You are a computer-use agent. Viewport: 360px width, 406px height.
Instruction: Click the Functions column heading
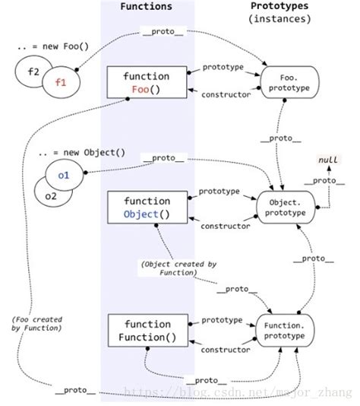point(146,7)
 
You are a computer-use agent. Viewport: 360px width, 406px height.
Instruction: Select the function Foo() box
point(146,83)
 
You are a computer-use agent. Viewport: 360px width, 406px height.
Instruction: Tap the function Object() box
point(146,207)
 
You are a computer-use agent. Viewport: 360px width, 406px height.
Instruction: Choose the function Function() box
point(146,328)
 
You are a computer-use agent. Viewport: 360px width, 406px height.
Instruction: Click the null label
point(329,158)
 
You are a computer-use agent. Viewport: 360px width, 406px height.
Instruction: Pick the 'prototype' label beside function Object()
point(220,192)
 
